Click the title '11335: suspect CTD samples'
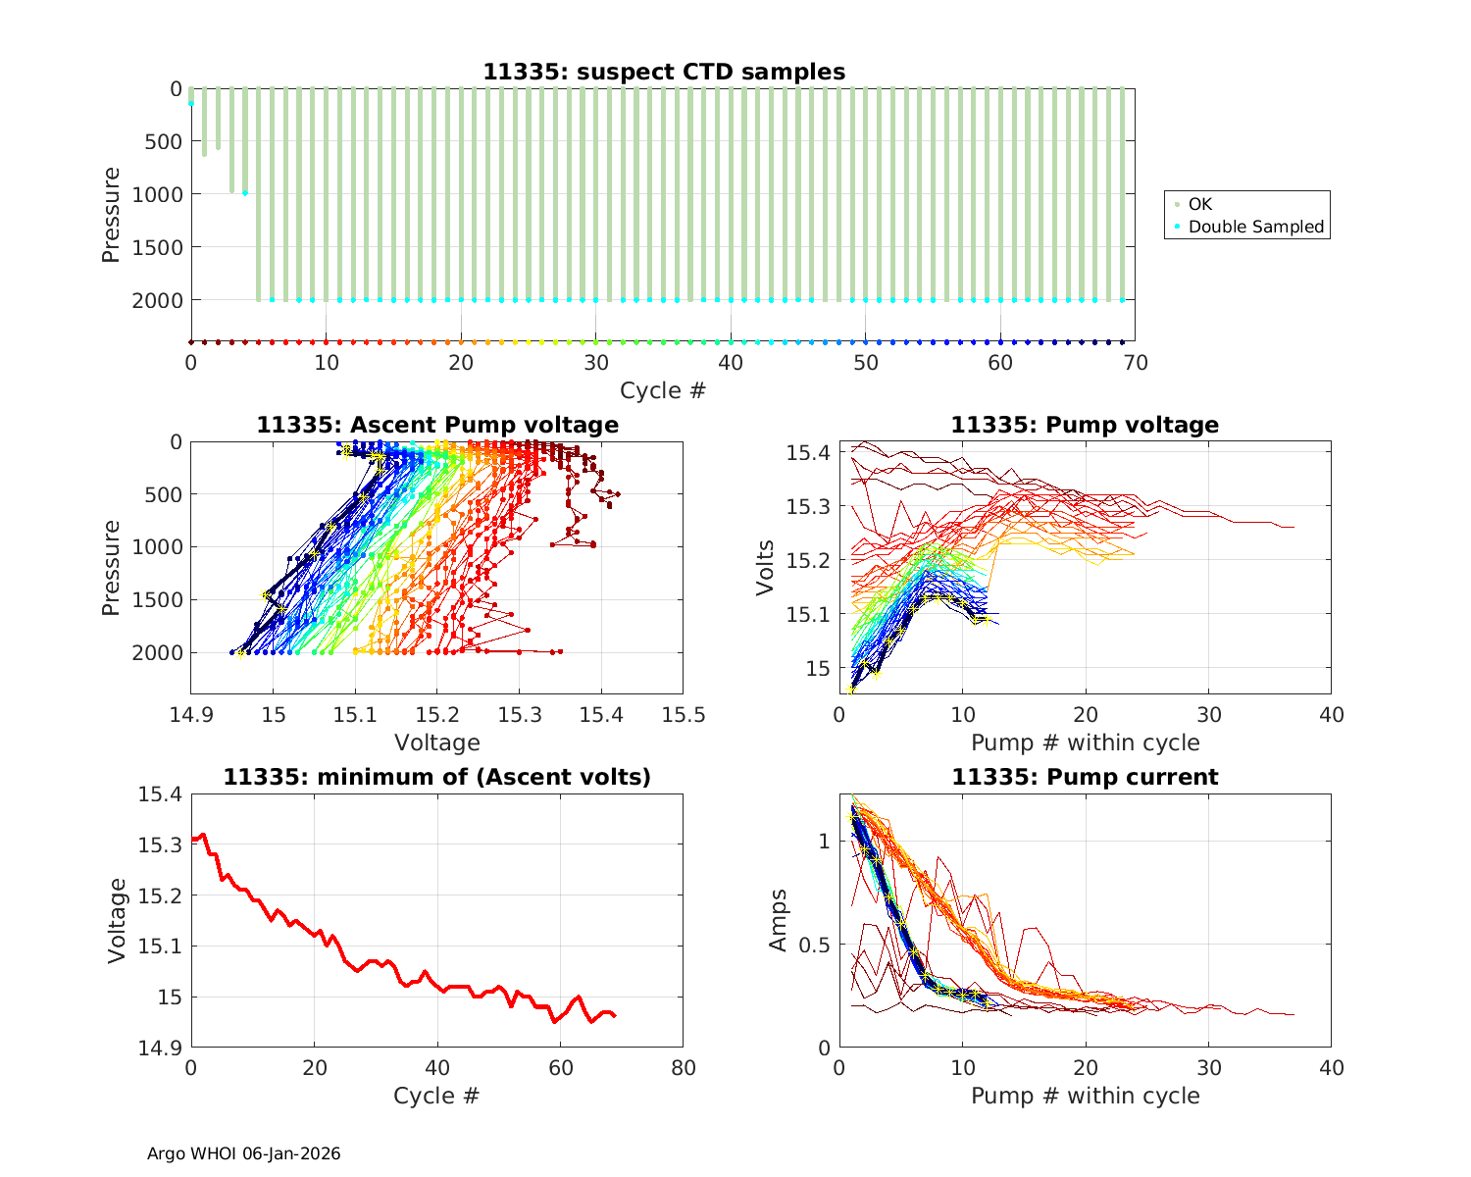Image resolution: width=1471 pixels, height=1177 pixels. (x=663, y=72)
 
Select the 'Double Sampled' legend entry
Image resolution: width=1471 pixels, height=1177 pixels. (x=1255, y=227)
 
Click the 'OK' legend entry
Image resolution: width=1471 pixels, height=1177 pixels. (x=1199, y=204)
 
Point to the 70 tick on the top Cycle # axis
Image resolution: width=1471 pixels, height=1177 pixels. (x=1135, y=363)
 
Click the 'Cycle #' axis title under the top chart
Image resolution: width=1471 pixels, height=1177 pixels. (x=663, y=390)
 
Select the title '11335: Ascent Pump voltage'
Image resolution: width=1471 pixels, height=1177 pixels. (x=437, y=425)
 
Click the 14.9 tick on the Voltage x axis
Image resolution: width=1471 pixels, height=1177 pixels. (x=192, y=715)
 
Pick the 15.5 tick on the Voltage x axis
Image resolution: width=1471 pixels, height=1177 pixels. (x=683, y=715)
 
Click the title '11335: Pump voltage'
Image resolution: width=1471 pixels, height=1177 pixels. (x=1085, y=425)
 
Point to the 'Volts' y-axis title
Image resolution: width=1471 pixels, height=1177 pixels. (x=766, y=568)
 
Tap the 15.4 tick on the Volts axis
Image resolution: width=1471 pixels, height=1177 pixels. (x=808, y=452)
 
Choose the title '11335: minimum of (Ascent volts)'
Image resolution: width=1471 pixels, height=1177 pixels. (x=437, y=777)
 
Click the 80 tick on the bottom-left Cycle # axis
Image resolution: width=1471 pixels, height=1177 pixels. (x=683, y=1068)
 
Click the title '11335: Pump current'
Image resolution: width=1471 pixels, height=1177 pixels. (x=1085, y=777)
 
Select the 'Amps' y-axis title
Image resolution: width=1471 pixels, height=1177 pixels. (x=779, y=920)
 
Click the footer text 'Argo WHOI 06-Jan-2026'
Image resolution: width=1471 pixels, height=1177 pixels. (x=244, y=1153)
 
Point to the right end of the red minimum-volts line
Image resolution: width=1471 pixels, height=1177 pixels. (x=615, y=1016)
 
